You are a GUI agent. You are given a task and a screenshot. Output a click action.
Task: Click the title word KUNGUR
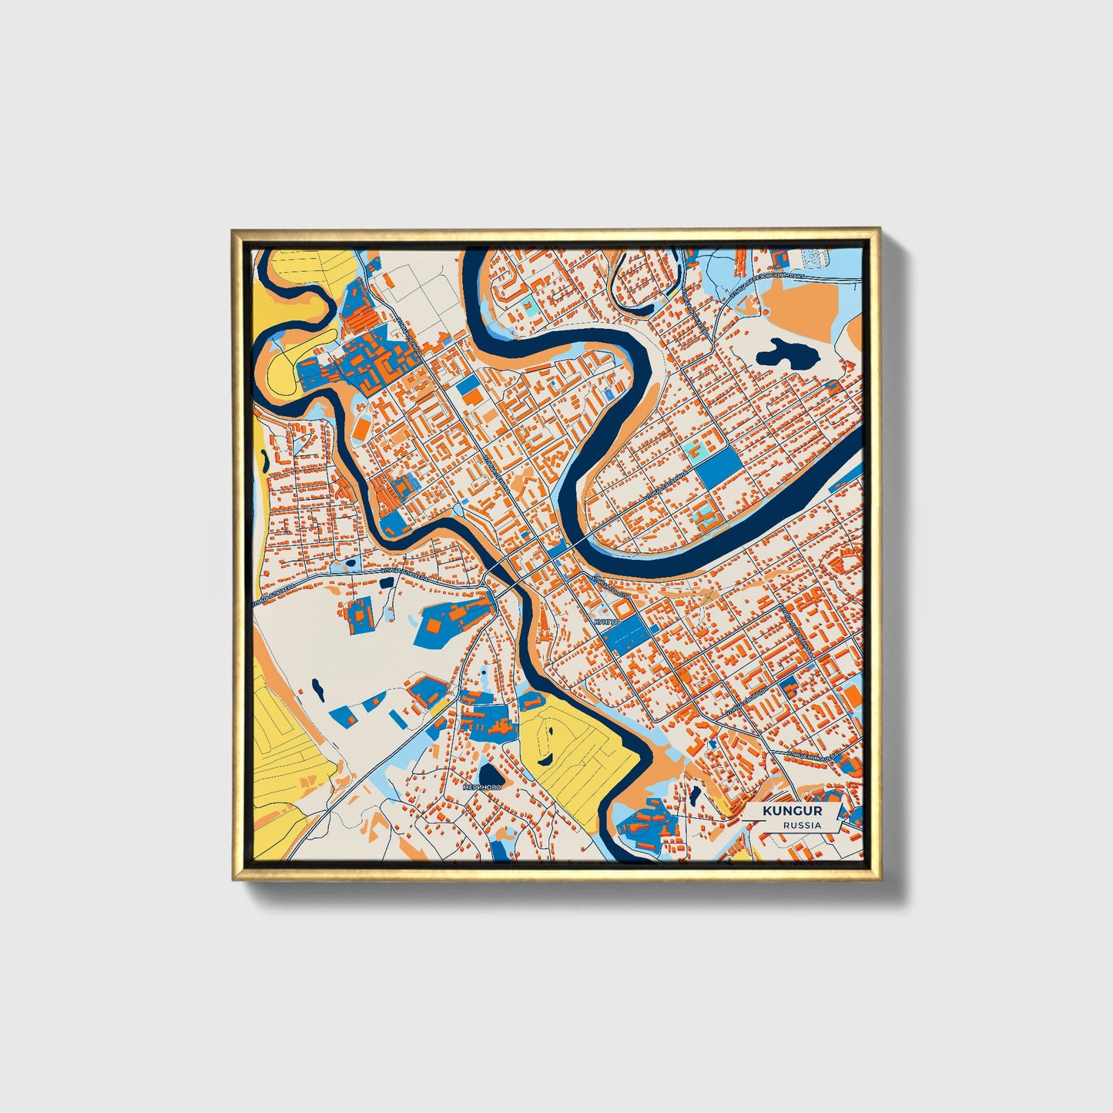(x=792, y=811)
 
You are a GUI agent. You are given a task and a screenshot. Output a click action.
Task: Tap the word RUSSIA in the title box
(x=802, y=825)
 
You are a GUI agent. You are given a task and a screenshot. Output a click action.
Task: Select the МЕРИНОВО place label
(x=481, y=787)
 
